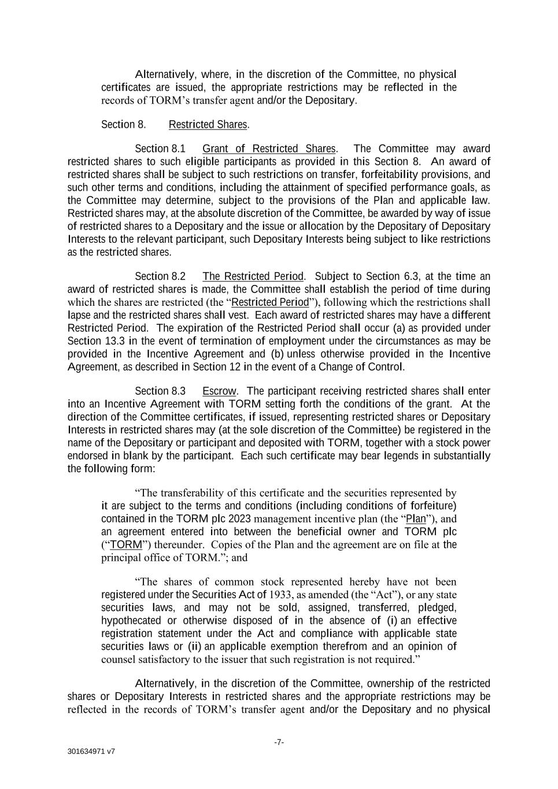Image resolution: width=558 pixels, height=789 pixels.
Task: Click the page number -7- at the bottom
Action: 279,742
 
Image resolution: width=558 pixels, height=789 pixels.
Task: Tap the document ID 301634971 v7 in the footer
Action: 91,752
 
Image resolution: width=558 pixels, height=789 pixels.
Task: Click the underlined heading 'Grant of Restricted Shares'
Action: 268,149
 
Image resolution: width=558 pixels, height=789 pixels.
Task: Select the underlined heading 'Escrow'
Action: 219,391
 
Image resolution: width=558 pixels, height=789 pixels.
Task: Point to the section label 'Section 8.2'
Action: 160,276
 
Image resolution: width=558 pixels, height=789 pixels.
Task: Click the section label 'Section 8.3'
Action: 160,391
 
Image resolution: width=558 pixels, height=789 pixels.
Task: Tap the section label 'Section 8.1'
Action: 160,149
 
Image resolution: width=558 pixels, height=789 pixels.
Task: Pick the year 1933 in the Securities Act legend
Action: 279,595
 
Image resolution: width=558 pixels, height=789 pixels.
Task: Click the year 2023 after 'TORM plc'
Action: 239,518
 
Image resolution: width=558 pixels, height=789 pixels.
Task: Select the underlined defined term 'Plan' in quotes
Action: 416,518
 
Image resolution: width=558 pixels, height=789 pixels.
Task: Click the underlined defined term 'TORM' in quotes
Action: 125,544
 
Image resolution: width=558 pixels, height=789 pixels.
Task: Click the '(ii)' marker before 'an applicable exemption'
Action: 194,646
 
